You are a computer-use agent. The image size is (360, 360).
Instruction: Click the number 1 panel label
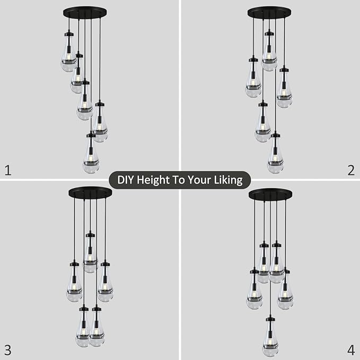pyautogui.click(x=7, y=170)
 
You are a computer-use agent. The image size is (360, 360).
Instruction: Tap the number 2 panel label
pyautogui.click(x=350, y=170)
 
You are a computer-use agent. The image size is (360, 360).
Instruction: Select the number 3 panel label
pyautogui.click(x=7, y=349)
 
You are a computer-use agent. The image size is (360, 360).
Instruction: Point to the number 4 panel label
pyautogui.click(x=350, y=349)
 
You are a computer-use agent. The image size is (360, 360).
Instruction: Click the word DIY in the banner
pyautogui.click(x=126, y=180)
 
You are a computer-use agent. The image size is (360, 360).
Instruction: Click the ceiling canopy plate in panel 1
pyautogui.click(x=84, y=12)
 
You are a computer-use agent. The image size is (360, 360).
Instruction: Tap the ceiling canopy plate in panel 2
pyautogui.click(x=269, y=12)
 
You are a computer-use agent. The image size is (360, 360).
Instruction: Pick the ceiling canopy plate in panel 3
pyautogui.click(x=90, y=192)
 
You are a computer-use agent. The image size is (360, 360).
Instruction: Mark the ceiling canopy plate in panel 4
pyautogui.click(x=270, y=194)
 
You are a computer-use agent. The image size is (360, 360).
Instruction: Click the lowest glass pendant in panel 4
pyautogui.click(x=270, y=339)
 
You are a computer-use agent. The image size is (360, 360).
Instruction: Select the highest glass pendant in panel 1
pyautogui.click(x=68, y=56)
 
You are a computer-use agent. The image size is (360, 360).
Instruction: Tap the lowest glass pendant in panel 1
pyautogui.click(x=91, y=156)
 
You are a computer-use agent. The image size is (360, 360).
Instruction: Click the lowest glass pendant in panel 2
pyautogui.click(x=275, y=156)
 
